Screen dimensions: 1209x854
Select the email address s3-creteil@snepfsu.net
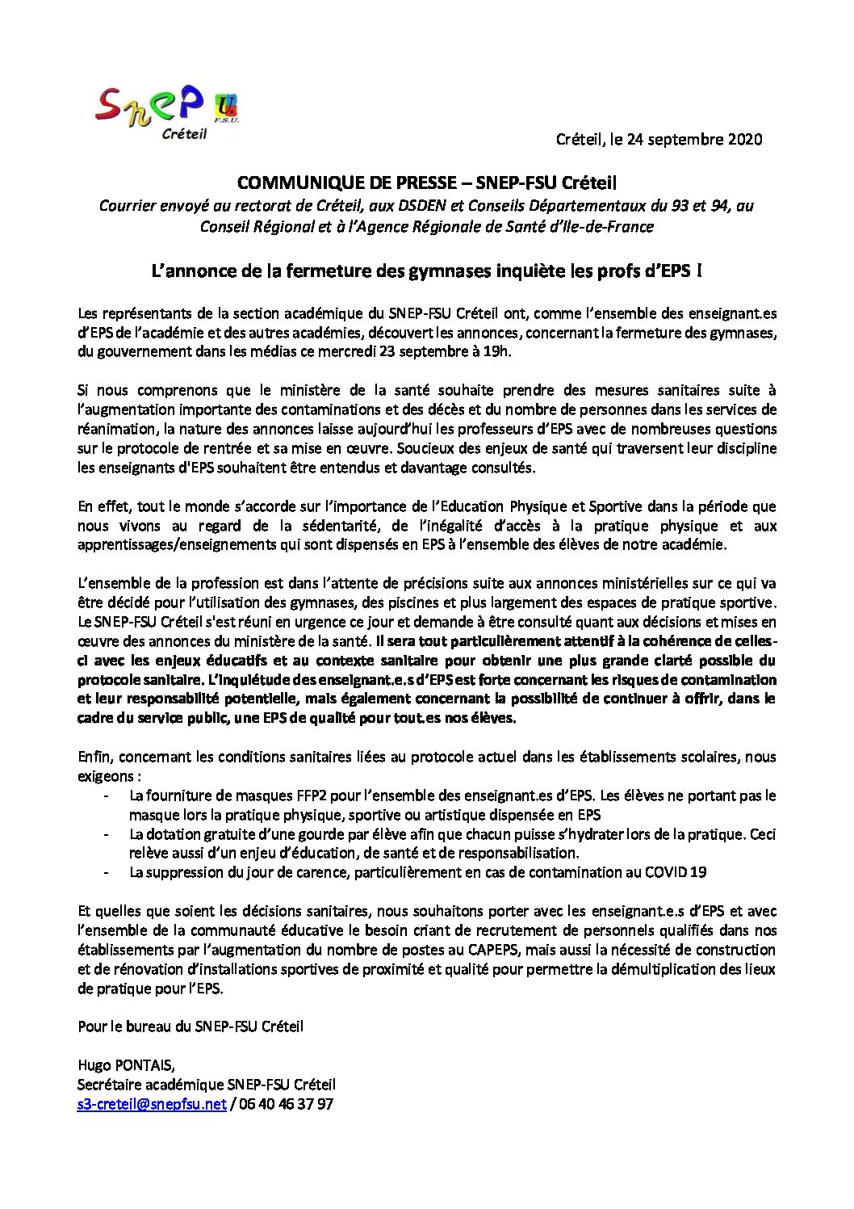[152, 1104]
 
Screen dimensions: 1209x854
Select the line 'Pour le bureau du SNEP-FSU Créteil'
[190, 1026]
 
